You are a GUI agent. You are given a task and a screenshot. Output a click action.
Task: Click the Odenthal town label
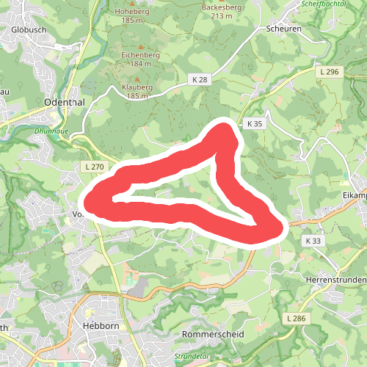point(65,102)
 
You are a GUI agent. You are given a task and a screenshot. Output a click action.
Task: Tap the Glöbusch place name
point(29,29)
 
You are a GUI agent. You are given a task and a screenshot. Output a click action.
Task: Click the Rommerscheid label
point(213,333)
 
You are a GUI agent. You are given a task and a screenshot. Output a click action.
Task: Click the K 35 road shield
point(255,124)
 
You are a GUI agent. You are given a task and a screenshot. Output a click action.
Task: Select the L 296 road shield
point(330,71)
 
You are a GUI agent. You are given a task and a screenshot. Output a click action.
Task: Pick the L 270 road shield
point(95,167)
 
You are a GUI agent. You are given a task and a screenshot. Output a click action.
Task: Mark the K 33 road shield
point(313,241)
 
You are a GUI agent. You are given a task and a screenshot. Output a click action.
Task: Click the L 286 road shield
point(294,318)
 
